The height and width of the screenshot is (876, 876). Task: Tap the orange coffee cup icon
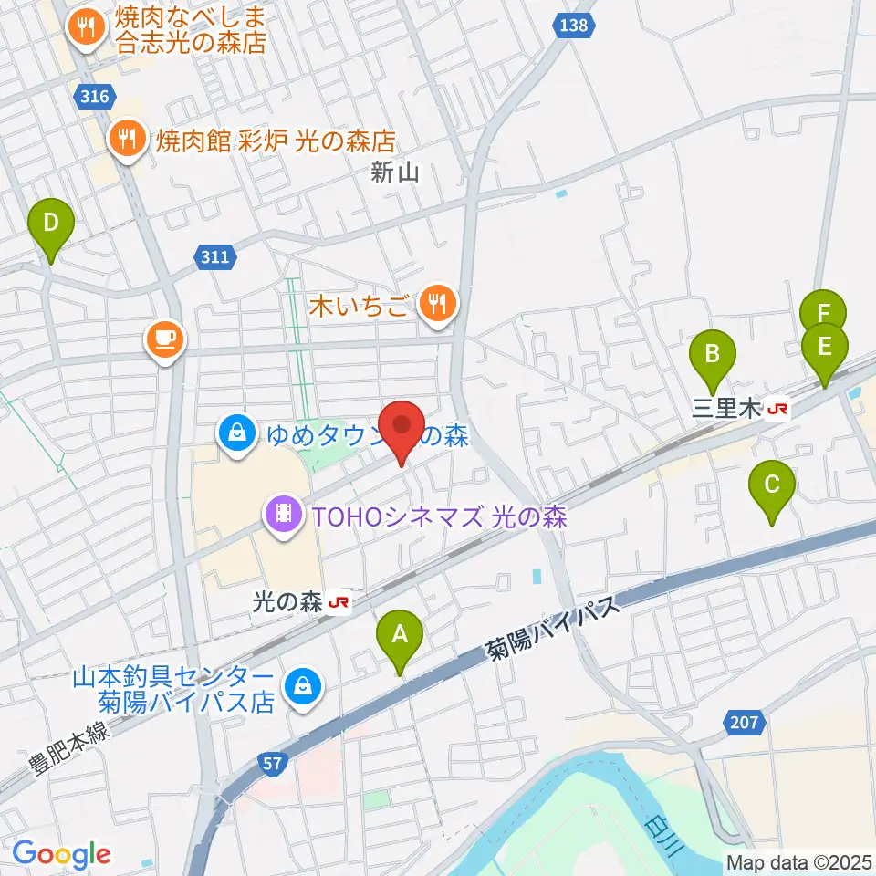click(x=165, y=340)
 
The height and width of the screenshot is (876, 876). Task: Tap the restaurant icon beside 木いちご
click(x=439, y=304)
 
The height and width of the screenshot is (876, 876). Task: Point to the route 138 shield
click(x=573, y=26)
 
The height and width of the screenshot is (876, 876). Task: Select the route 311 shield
click(x=214, y=258)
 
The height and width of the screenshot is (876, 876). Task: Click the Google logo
click(x=61, y=855)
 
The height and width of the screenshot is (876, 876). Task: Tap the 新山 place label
click(x=395, y=172)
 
